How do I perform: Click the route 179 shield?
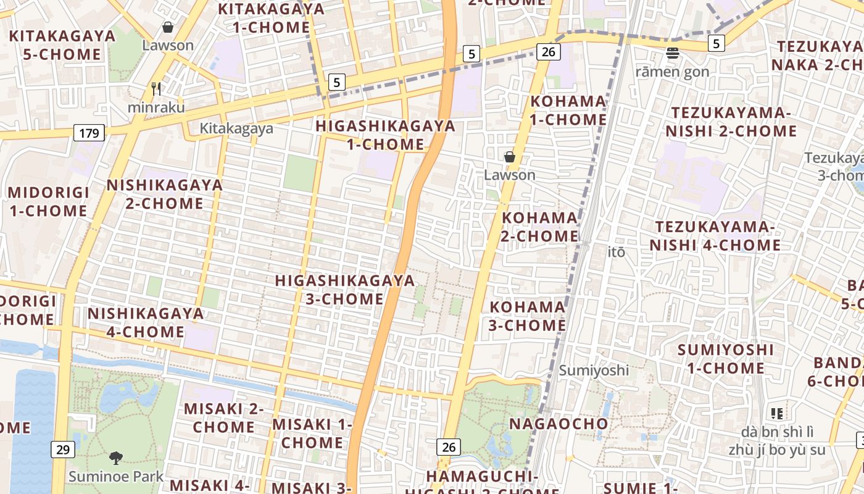coord(89,132)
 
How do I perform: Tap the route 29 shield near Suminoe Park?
coord(62,449)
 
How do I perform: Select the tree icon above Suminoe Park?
coord(115,458)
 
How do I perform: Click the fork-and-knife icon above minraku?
coord(156,89)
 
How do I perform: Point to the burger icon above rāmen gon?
coord(673,53)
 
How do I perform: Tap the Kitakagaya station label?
coord(236,128)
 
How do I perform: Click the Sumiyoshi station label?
coord(594,370)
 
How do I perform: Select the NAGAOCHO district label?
coord(559,424)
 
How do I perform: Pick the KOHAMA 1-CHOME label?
coord(568,110)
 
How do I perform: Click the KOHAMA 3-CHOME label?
coord(528,316)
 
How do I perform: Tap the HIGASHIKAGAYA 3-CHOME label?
coord(345,290)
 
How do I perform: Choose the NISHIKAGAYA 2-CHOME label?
coord(164,194)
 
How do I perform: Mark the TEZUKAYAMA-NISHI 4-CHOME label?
coord(715,236)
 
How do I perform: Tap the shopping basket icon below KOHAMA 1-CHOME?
coord(510,157)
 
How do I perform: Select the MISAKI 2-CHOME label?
coord(223,417)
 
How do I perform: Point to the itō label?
coord(616,252)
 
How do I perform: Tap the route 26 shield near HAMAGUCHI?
coord(448,446)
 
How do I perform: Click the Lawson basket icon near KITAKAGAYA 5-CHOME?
coord(167,27)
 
